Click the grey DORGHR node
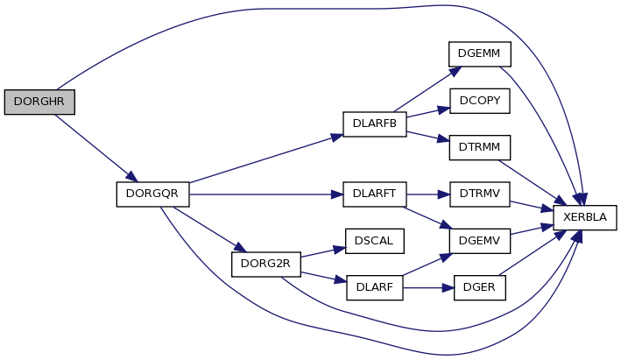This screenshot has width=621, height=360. (39, 102)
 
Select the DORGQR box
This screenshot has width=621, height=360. (153, 194)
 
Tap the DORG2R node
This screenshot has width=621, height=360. (266, 265)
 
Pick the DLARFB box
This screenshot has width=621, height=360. (375, 124)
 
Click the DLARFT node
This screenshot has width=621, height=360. (375, 194)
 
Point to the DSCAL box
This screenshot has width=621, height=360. (375, 241)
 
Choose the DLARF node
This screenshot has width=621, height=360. (375, 287)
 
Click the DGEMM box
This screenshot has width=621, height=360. (480, 53)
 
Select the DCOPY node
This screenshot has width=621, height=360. (480, 101)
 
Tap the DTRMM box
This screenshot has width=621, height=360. (480, 148)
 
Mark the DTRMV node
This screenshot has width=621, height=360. (480, 194)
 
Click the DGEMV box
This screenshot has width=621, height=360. (480, 241)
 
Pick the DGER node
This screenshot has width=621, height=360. (480, 287)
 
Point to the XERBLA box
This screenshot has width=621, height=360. (585, 217)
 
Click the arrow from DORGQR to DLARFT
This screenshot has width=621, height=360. (266, 194)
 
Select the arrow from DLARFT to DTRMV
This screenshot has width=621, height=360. (428, 194)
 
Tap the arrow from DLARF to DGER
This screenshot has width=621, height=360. (428, 288)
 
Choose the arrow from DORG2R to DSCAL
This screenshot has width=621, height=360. (323, 252)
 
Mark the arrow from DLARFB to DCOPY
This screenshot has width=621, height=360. (428, 112)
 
